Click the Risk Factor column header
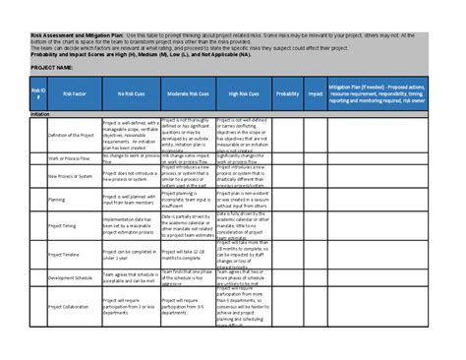pyautogui.click(x=74, y=93)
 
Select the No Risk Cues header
pyautogui.click(x=131, y=93)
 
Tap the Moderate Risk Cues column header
pyautogui.click(x=187, y=93)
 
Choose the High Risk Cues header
pyautogui.click(x=243, y=93)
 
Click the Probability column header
pyautogui.click(x=288, y=93)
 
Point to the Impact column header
pyautogui.click(x=316, y=93)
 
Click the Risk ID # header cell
pyautogui.click(x=38, y=93)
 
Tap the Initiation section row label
pyautogui.click(x=41, y=114)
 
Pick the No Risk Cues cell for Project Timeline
pyautogui.click(x=131, y=254)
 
